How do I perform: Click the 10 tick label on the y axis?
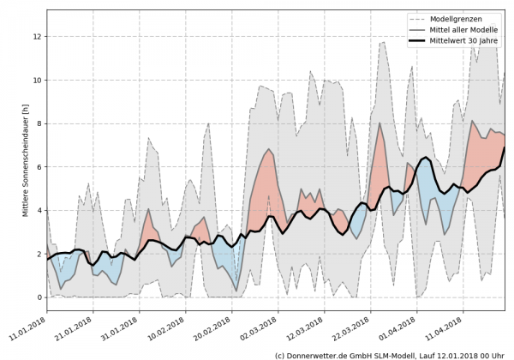38,81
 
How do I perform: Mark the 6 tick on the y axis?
39,167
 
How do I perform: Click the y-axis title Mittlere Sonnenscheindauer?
10,159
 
